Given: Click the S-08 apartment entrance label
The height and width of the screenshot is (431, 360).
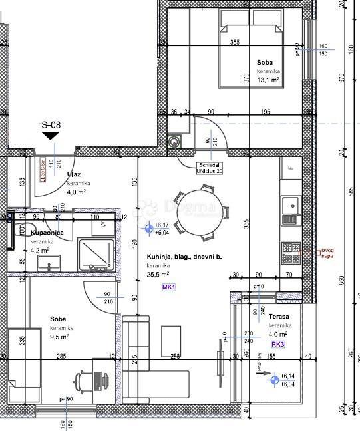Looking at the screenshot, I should pyautogui.click(x=51, y=124).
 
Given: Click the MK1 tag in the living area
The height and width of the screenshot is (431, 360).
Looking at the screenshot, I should pyautogui.click(x=168, y=287).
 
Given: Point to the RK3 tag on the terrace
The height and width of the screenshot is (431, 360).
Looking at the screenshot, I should pyautogui.click(x=277, y=345).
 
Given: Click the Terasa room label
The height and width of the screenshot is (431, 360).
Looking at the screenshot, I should pyautogui.click(x=277, y=327).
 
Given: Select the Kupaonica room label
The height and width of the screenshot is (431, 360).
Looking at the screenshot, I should pyautogui.click(x=47, y=233).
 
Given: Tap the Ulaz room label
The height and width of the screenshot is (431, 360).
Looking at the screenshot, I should pyautogui.click(x=74, y=175).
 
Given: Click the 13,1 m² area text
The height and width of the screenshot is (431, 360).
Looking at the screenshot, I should pyautogui.click(x=268, y=79).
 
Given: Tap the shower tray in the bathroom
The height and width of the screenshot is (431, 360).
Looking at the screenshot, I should pyautogui.click(x=95, y=255).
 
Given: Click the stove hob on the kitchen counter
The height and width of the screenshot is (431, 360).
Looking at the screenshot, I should pyautogui.click(x=291, y=251).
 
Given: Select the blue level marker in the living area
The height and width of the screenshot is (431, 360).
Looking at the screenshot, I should pyautogui.click(x=148, y=228).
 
